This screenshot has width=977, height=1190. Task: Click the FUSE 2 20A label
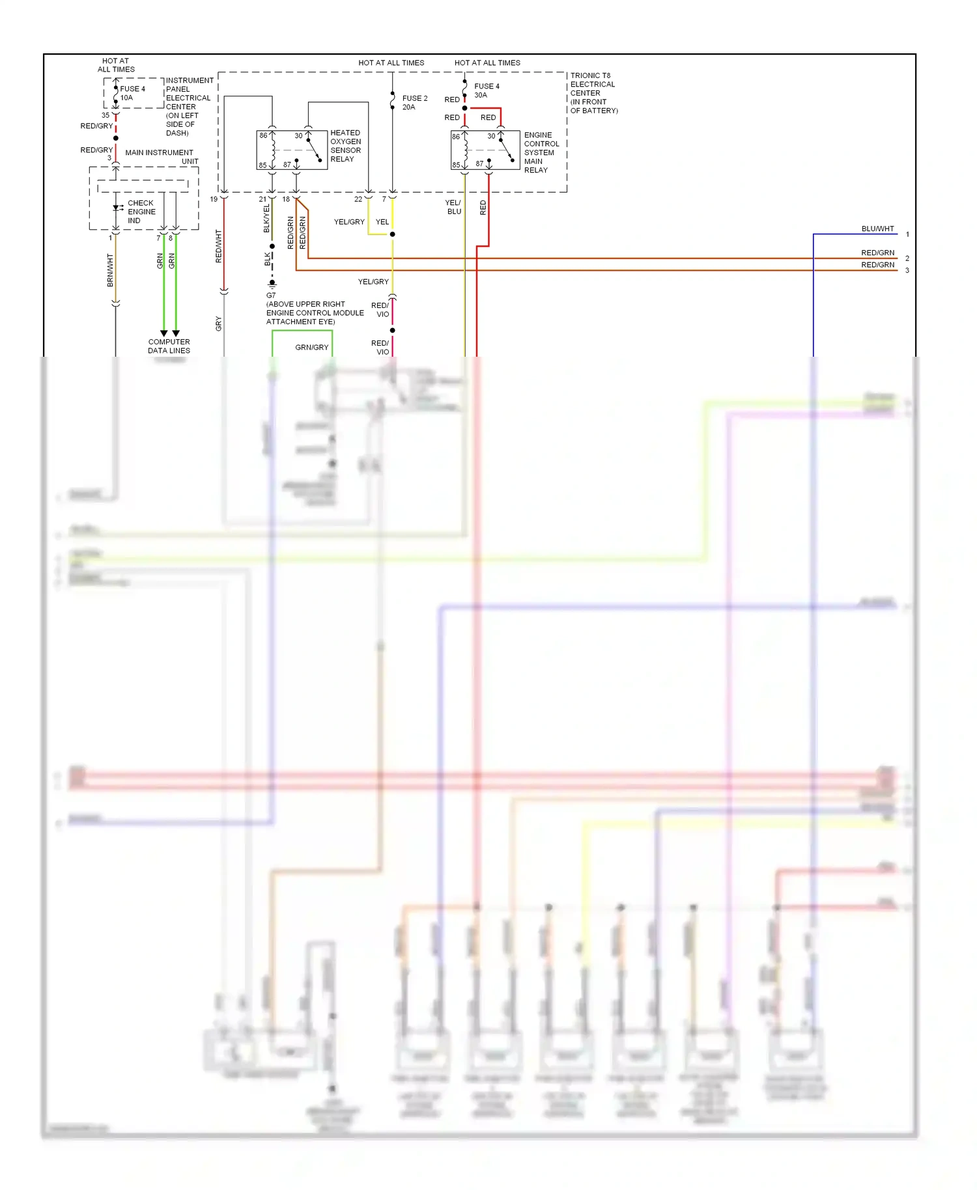click(414, 103)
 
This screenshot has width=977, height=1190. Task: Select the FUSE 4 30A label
click(487, 90)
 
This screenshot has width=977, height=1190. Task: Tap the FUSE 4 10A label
click(132, 93)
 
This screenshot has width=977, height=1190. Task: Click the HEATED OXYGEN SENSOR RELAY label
click(345, 146)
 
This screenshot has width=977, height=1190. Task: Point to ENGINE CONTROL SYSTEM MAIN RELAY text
click(541, 152)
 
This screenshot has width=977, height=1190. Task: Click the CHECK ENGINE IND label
click(141, 212)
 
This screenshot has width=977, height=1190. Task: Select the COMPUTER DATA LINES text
click(169, 346)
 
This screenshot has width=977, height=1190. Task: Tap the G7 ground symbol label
click(271, 295)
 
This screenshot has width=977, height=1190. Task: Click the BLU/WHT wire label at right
click(877, 228)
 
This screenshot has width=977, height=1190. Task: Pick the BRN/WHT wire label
click(110, 271)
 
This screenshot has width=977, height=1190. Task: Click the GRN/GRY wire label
click(311, 348)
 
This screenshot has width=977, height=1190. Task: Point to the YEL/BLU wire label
click(453, 207)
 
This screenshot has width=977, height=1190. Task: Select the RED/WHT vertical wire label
click(218, 246)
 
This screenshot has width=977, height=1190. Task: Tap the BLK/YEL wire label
click(266, 219)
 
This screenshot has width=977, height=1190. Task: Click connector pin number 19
click(214, 199)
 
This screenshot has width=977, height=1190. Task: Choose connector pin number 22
click(358, 199)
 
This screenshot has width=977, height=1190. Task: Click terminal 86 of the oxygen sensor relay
click(263, 135)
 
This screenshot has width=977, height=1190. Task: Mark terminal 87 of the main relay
click(479, 164)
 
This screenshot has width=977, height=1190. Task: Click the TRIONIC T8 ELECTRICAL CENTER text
click(593, 93)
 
